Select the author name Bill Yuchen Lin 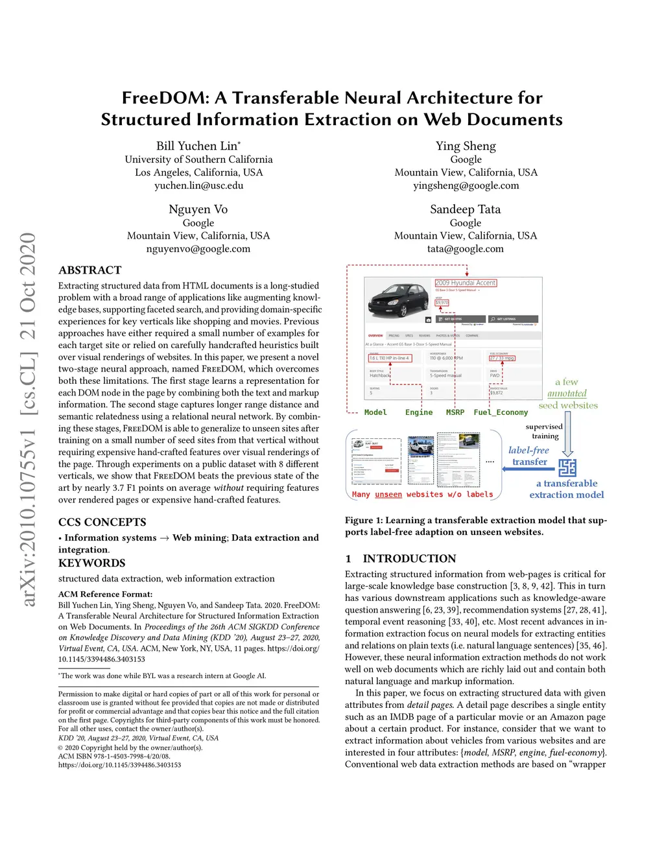[x=198, y=146]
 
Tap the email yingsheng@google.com [x=466, y=185]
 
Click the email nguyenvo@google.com [x=198, y=249]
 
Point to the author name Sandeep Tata [x=465, y=209]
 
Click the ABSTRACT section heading [x=89, y=270]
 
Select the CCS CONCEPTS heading [x=102, y=522]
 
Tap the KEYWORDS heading [x=91, y=563]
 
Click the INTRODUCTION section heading [x=409, y=558]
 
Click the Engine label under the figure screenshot [x=418, y=412]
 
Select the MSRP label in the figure [x=455, y=412]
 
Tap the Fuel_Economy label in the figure [x=501, y=412]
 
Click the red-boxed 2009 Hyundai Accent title [x=466, y=283]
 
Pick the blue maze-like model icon [x=567, y=467]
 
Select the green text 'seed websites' [x=568, y=406]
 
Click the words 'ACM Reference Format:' [x=105, y=594]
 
